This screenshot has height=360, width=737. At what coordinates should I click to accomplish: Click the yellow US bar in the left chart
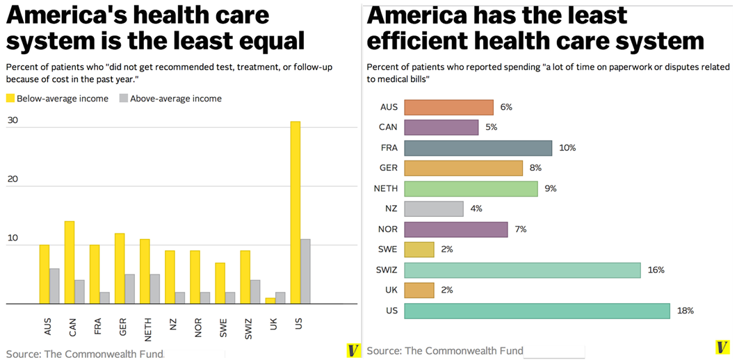295,213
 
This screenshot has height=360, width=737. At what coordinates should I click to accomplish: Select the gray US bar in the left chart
305,271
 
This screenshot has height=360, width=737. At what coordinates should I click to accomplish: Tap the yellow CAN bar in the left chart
70,262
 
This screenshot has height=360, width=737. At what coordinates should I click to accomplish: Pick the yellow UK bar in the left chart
270,301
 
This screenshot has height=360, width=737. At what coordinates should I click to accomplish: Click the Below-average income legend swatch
10,99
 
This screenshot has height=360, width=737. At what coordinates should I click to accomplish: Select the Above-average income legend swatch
124,99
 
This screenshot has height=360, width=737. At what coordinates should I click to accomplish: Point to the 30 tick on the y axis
12,120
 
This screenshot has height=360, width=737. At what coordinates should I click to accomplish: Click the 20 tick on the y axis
12,179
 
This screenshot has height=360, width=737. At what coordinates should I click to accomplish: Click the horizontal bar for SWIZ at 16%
522,270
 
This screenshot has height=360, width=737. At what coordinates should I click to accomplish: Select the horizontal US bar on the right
537,311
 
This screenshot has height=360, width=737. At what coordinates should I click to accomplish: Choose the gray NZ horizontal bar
434,208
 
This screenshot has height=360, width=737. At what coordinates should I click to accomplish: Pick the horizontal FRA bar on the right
478,148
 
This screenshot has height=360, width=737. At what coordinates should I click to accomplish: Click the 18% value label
685,311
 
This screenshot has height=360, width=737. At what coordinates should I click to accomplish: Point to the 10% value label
567,148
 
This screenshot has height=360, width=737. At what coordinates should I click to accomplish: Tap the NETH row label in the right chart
386,188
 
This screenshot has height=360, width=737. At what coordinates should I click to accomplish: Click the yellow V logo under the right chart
722,347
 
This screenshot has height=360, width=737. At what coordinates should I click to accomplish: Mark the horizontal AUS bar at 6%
448,107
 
